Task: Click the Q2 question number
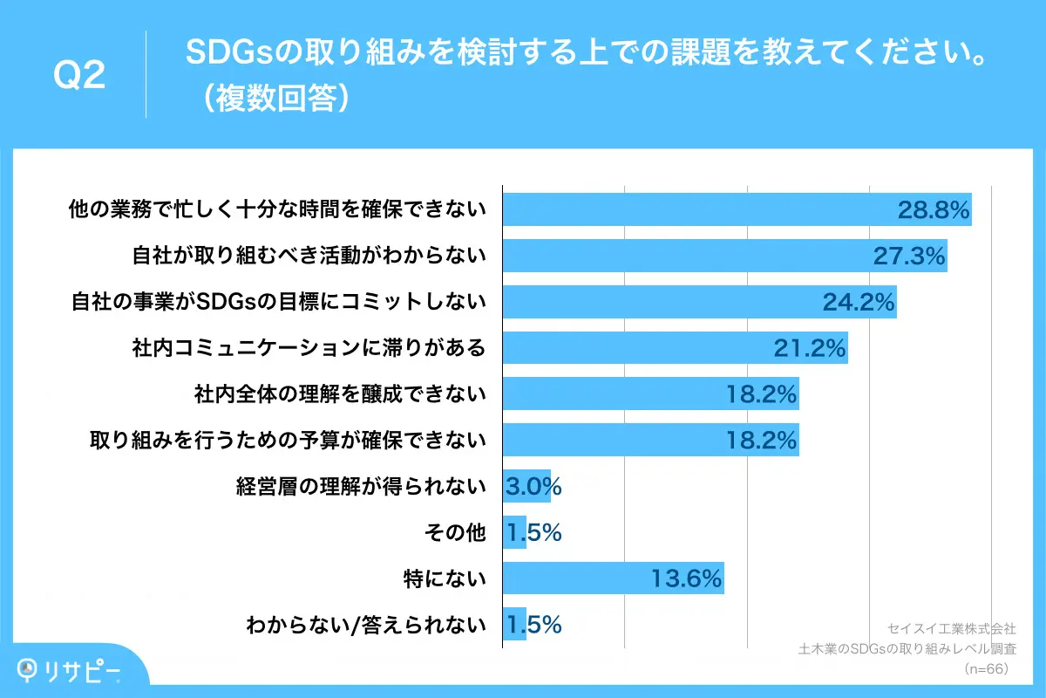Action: pyautogui.click(x=79, y=76)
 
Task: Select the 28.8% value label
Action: pyautogui.click(x=934, y=209)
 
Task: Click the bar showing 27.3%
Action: pyautogui.click(x=723, y=256)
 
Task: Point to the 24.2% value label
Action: pyautogui.click(x=859, y=303)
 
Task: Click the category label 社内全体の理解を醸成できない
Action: pyautogui.click(x=339, y=394)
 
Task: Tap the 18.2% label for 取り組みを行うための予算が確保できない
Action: pyautogui.click(x=761, y=441)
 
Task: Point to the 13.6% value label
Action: pyautogui.click(x=686, y=578)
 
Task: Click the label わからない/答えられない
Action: pyautogui.click(x=365, y=625)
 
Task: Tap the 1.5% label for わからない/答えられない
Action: pyautogui.click(x=533, y=625)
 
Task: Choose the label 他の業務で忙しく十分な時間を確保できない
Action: pyautogui.click(x=277, y=209)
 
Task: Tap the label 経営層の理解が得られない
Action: pyautogui.click(x=361, y=487)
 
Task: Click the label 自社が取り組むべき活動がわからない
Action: pyautogui.click(x=309, y=256)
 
